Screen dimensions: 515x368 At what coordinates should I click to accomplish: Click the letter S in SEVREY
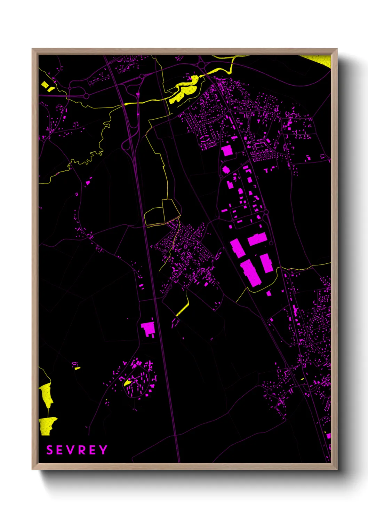pos(49,450)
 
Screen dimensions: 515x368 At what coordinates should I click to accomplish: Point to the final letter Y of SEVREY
pos(103,450)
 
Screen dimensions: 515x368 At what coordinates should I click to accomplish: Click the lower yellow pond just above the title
pos(47,425)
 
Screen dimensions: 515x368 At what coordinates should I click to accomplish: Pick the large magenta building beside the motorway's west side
pos(148,329)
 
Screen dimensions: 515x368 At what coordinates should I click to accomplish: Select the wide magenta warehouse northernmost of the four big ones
pos(257,239)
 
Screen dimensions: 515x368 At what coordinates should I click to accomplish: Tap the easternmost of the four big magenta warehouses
pos(266,263)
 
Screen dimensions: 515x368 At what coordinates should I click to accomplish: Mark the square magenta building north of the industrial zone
pos(227,151)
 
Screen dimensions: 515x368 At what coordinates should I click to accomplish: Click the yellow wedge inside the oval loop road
pos(127,383)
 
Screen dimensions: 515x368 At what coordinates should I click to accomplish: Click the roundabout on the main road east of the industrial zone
pos(266,212)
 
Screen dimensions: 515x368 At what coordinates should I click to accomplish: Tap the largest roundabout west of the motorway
pos(86,96)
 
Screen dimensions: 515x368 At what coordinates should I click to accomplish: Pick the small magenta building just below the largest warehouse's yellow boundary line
pos(269,294)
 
